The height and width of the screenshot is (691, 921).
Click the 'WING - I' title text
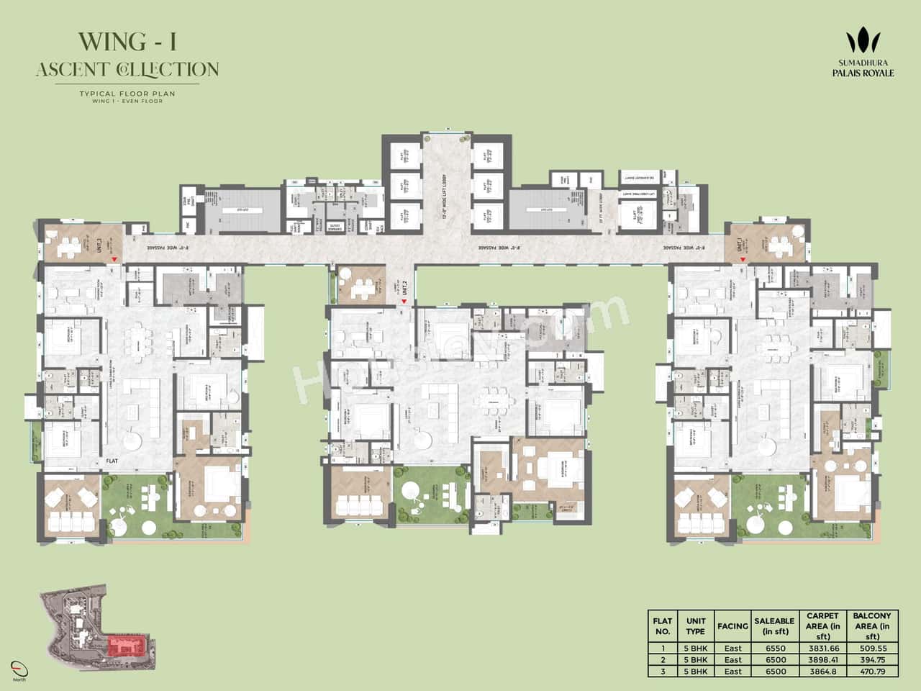click(x=127, y=42)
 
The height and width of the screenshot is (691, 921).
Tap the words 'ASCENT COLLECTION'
click(x=127, y=69)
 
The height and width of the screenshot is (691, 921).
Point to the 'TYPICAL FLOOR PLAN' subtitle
click(x=127, y=94)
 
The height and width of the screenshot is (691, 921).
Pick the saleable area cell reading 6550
click(x=774, y=647)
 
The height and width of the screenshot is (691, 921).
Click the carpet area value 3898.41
click(x=822, y=659)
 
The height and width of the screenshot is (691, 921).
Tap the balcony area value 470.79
click(x=872, y=671)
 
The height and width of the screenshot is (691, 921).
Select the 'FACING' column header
click(x=732, y=626)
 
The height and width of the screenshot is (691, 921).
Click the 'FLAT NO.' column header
click(x=662, y=626)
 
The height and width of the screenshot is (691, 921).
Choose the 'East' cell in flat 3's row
click(x=732, y=671)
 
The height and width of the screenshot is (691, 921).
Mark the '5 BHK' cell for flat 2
click(x=695, y=659)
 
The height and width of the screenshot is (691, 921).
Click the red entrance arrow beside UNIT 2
click(x=404, y=302)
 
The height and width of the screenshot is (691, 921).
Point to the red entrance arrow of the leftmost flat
click(x=113, y=265)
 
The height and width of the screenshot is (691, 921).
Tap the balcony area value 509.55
click(x=872, y=647)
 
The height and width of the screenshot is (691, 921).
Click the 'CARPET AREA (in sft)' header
click(x=822, y=626)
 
